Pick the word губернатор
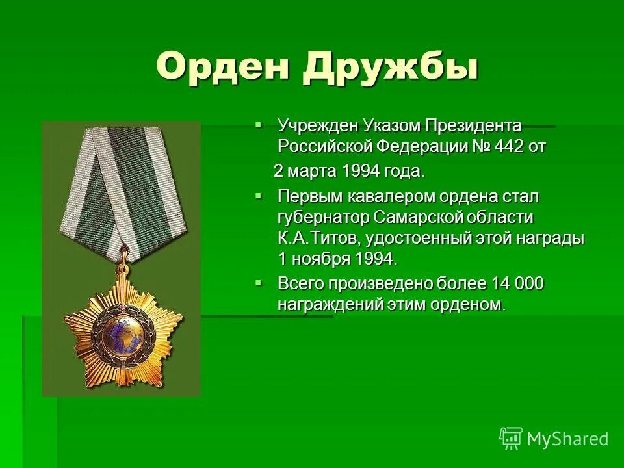click(x=319, y=216)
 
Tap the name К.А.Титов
click(x=311, y=239)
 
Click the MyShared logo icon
click(x=511, y=439)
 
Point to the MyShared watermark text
click(x=568, y=439)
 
